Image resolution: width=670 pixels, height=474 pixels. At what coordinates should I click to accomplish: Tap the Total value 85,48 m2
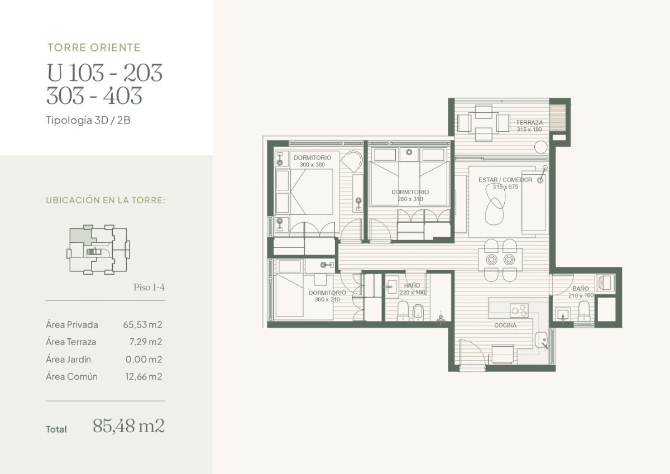tap(128, 427)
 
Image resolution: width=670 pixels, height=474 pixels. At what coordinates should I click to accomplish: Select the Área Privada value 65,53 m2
tap(143, 324)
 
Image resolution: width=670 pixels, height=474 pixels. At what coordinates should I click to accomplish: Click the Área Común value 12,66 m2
tap(143, 376)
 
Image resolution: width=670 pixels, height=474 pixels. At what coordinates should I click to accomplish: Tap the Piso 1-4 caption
tap(149, 288)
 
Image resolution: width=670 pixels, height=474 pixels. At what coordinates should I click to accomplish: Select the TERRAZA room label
tap(529, 122)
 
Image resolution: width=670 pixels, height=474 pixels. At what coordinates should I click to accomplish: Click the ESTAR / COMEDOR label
tap(505, 180)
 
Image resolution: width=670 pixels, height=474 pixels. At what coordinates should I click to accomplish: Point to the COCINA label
tap(505, 325)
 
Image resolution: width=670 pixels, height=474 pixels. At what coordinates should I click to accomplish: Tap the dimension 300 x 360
tap(312, 165)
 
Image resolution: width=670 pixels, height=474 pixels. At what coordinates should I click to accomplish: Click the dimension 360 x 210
tap(327, 300)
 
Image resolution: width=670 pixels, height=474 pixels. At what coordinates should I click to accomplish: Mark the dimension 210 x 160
tap(581, 295)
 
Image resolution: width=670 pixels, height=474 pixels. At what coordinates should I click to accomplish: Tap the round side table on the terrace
tap(540, 147)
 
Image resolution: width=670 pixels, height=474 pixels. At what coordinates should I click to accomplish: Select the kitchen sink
tap(540, 339)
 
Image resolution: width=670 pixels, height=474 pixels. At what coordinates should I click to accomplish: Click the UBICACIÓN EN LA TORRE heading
tap(106, 200)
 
